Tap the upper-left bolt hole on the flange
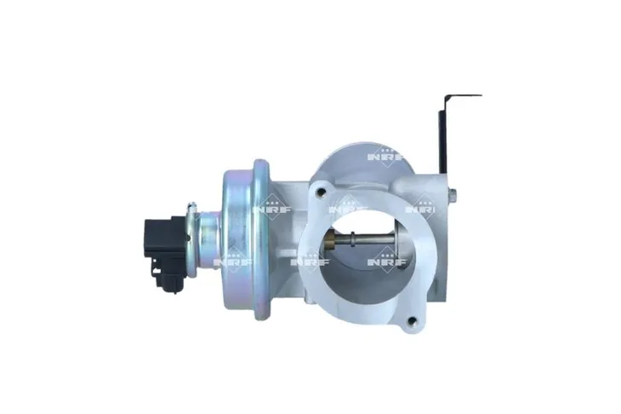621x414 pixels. [x=321, y=193]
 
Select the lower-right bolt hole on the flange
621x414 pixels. [x=413, y=321]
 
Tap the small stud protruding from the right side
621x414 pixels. [x=453, y=197]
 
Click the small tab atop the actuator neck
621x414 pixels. [x=192, y=207]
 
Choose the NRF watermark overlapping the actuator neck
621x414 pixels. [x=230, y=260]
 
